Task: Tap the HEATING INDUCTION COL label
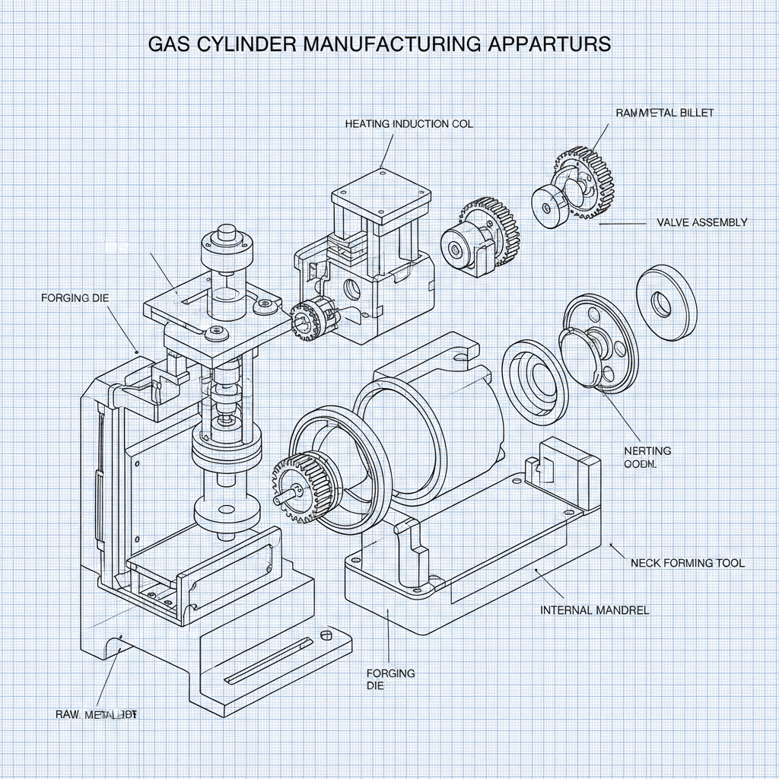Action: click(409, 123)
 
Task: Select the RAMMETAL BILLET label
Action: click(664, 113)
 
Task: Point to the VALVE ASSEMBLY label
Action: click(701, 223)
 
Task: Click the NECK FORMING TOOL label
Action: click(688, 563)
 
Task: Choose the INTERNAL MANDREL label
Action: click(594, 610)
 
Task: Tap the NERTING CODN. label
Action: click(647, 457)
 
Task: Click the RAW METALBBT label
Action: click(97, 714)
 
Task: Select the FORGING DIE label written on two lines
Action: click(390, 679)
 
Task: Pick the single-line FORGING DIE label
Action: click(75, 297)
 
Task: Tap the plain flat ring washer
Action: click(666, 300)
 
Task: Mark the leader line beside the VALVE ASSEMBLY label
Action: click(622, 224)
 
